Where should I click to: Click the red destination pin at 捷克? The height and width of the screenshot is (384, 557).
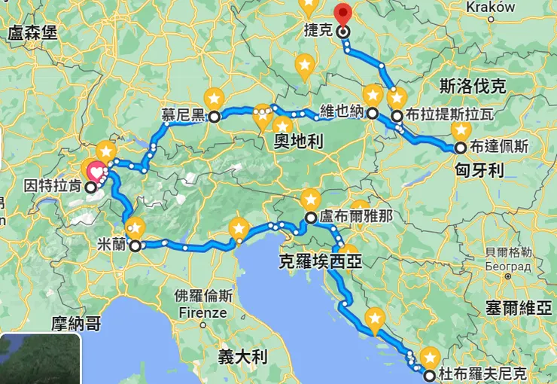342,14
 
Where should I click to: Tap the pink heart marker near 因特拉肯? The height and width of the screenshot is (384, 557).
96,172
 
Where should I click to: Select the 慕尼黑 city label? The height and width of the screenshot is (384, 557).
183,116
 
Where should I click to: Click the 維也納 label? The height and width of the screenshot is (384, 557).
342,111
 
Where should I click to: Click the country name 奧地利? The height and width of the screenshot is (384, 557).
297,141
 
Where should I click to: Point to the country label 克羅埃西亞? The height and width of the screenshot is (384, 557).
320,261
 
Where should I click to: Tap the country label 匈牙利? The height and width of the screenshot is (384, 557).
479,171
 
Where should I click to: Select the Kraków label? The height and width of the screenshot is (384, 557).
491,7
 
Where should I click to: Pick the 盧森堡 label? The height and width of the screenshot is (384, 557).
33,33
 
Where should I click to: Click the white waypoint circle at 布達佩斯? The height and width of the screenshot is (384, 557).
459,148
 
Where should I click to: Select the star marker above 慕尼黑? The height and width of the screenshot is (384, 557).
215,98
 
